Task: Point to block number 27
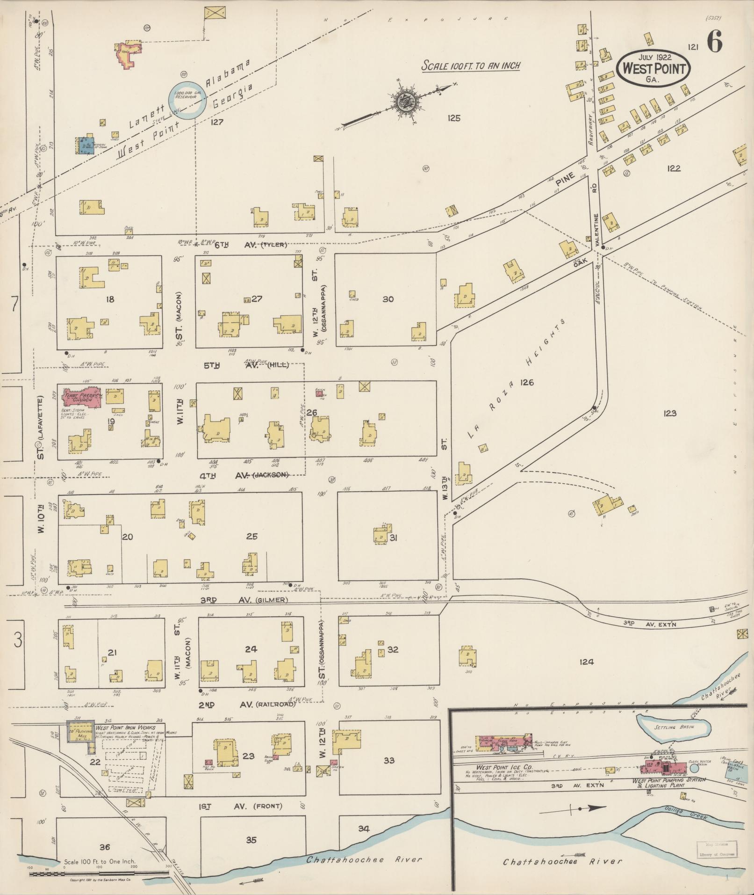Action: click(x=257, y=299)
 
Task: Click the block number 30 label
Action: click(x=388, y=299)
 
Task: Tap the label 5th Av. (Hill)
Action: click(x=245, y=365)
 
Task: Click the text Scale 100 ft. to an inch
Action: click(x=470, y=66)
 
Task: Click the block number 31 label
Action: click(x=393, y=538)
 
